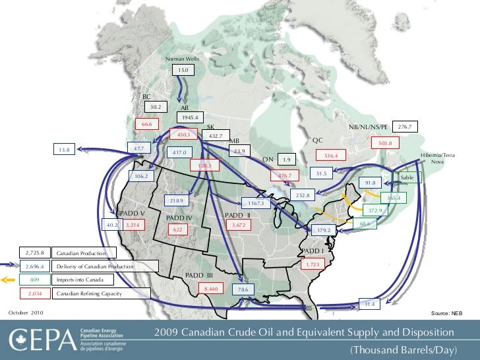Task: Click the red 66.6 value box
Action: [x=146, y=124]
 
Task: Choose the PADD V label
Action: [x=132, y=214]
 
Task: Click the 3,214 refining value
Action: [x=134, y=225]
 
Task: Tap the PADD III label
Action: [x=198, y=274]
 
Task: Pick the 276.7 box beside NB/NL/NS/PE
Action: [x=405, y=126]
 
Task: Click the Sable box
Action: [x=407, y=178]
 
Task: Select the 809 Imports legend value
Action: [x=35, y=280]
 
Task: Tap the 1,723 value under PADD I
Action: [x=313, y=264]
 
